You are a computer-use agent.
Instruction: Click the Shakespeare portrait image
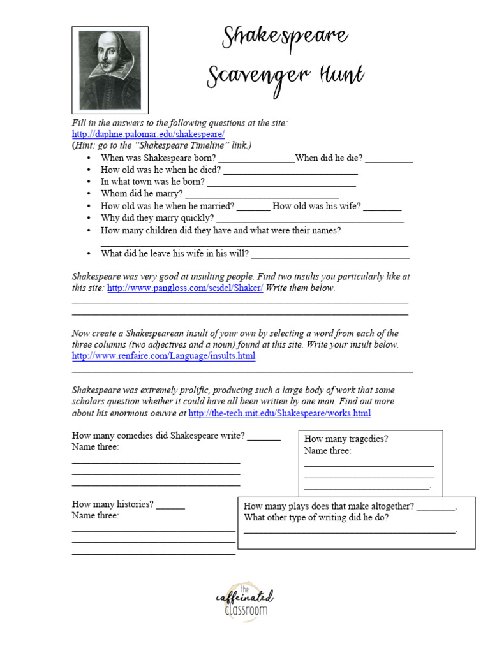tap(110, 70)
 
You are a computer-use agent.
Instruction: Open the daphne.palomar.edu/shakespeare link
tap(148, 135)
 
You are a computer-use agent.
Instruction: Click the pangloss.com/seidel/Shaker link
tap(185, 288)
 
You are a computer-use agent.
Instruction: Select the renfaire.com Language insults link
tap(163, 356)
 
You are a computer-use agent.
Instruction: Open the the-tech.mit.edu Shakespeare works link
tap(279, 413)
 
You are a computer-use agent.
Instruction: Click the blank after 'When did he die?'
tap(389, 159)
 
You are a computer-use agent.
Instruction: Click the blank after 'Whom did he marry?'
tap(262, 194)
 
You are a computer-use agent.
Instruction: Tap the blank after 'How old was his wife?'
tap(383, 207)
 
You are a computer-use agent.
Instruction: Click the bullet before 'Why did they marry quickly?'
tap(88, 219)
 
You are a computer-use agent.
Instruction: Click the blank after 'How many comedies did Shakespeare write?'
tap(264, 437)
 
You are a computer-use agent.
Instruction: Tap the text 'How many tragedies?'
tap(346, 439)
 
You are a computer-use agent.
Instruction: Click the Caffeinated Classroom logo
tap(244, 600)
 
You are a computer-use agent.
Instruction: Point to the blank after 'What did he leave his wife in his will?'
tap(330, 254)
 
